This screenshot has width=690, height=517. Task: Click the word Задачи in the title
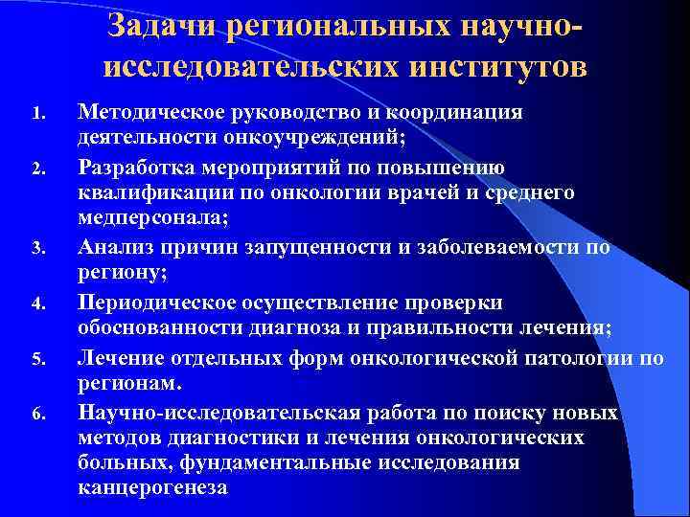click(165, 27)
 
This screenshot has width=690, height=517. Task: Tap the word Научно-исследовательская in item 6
click(219, 413)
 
